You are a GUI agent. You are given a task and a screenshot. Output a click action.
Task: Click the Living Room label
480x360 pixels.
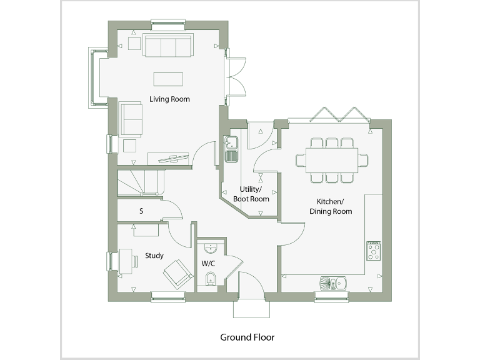(169, 99)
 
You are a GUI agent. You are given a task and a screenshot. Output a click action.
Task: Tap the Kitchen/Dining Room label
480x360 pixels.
(331, 206)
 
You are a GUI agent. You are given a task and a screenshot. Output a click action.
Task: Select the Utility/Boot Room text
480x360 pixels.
(251, 194)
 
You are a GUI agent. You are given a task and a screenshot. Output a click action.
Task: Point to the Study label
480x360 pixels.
(154, 256)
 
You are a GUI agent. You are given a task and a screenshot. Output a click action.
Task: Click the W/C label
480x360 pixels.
(207, 263)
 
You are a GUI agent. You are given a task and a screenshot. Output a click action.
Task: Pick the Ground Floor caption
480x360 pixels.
(247, 337)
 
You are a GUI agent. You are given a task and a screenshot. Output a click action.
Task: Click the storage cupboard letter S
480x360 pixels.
(141, 211)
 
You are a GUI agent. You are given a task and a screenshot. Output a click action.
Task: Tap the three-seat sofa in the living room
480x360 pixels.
(167, 46)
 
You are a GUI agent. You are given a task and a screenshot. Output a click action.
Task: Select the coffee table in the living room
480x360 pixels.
(169, 79)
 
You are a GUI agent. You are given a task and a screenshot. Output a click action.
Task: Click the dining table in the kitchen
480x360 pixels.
(332, 160)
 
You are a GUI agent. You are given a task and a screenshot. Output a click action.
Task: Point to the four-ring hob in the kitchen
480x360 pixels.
(374, 251)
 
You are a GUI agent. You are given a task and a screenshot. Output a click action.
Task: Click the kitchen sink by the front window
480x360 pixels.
(334, 284)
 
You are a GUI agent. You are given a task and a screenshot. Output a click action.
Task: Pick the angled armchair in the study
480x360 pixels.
(177, 273)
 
